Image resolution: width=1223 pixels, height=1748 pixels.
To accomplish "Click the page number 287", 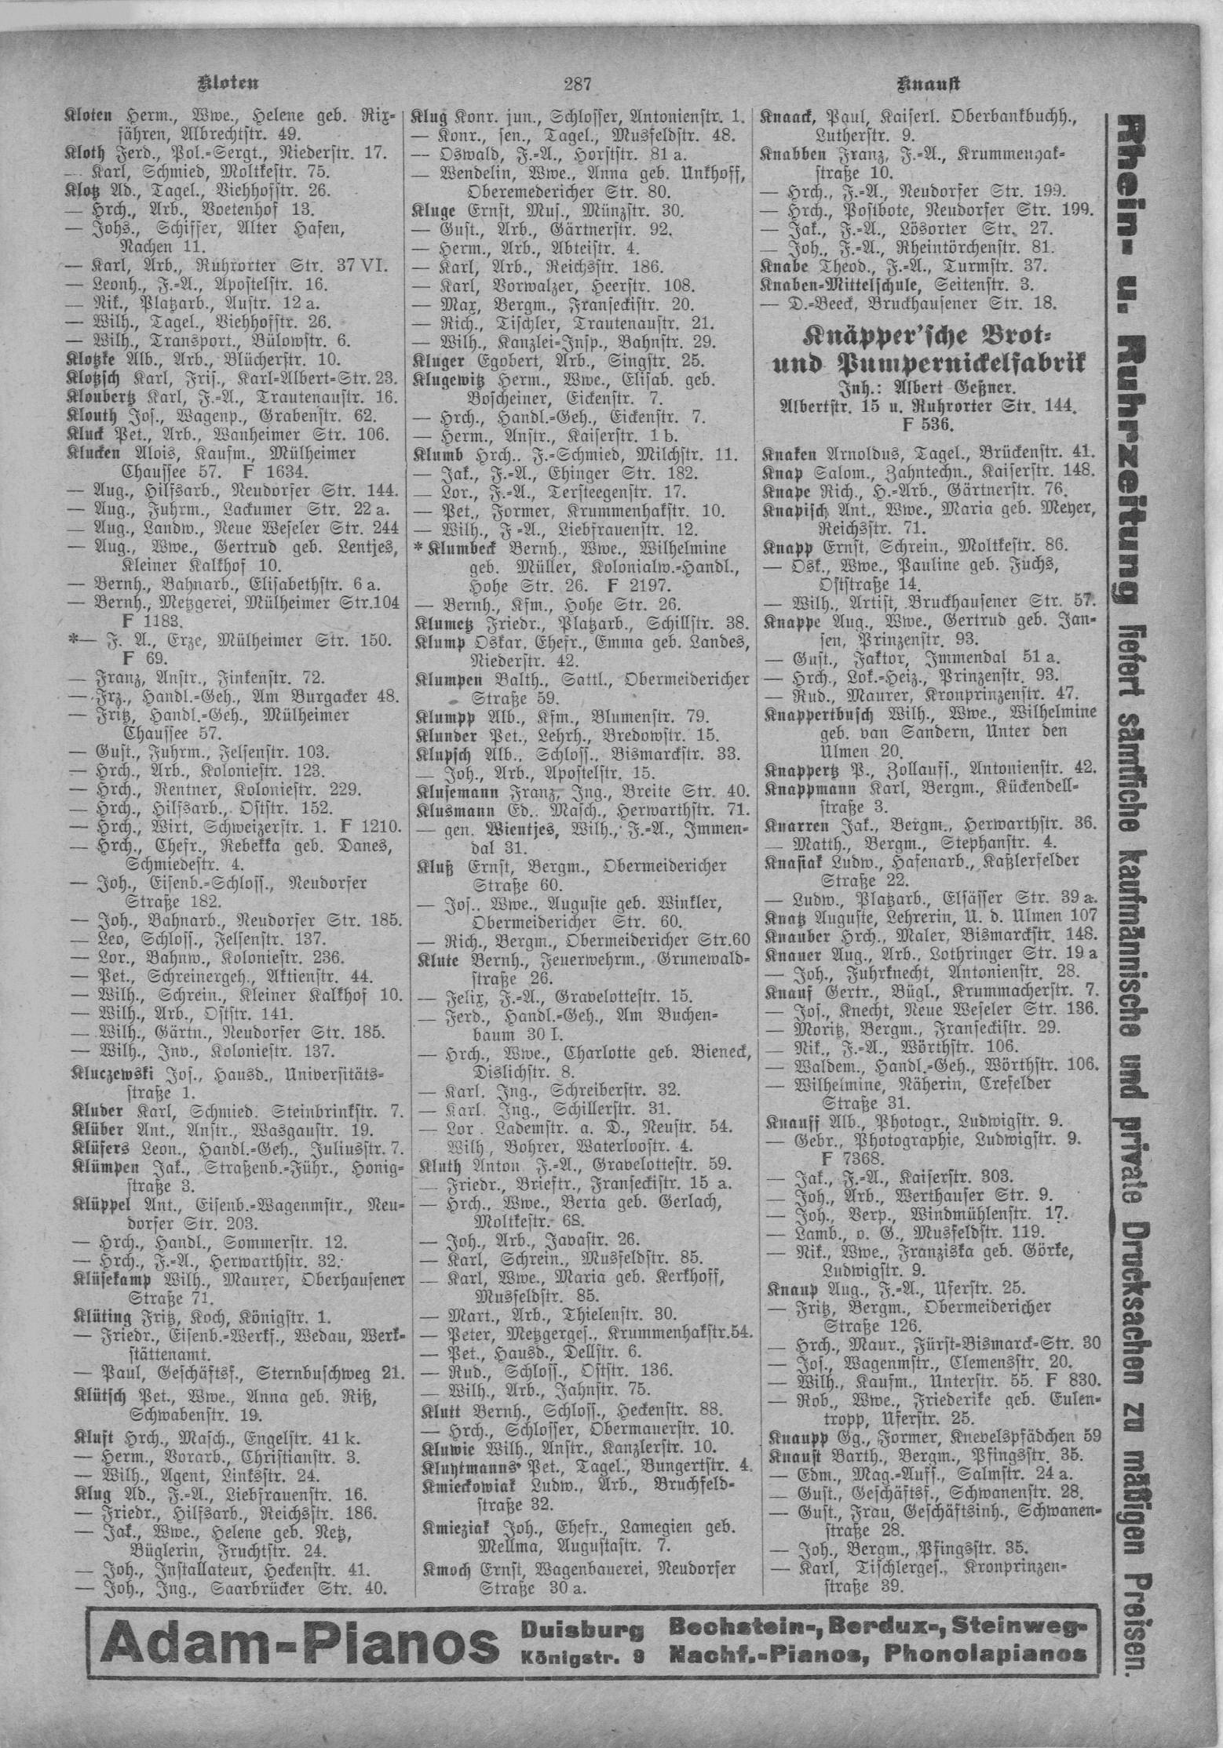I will (x=582, y=82).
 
